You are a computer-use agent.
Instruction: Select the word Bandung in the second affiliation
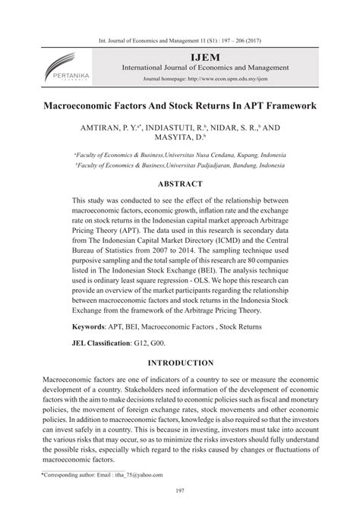tap(235, 165)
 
